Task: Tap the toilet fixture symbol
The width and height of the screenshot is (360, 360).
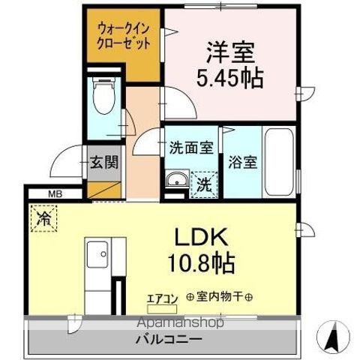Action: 100,97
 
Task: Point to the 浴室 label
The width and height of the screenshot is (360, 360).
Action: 241,162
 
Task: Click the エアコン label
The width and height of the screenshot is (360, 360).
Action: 162,298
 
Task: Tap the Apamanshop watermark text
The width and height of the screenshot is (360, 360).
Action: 180,323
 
